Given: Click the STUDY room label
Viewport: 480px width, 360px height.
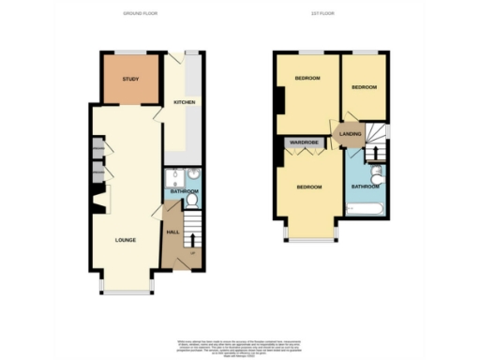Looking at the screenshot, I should [130, 79].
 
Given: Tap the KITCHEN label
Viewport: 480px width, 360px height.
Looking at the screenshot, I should [183, 103].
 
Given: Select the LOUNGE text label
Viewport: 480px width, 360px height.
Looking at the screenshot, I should [126, 240].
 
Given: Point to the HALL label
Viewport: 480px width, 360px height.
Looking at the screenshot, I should [172, 231].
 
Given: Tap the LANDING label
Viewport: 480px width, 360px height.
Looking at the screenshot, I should [351, 135].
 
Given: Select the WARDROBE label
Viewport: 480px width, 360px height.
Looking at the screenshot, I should [306, 143].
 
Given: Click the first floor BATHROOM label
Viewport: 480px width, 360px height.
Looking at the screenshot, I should [365, 186].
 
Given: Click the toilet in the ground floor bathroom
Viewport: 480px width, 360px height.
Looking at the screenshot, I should [192, 201].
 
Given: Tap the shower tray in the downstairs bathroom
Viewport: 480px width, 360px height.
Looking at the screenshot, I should [173, 178].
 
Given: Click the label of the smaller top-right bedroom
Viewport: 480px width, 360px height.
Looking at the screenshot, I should [364, 87].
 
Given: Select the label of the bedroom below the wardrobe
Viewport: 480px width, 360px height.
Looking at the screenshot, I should [309, 187].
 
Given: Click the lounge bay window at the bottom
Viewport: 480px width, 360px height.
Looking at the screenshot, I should [126, 292].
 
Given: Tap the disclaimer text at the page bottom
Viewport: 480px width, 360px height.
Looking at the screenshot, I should [240, 343].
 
